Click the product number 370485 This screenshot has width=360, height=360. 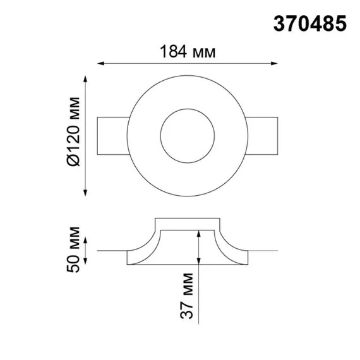pyautogui.click(x=309, y=24)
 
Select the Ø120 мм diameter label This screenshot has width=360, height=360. pyautogui.click(x=73, y=133)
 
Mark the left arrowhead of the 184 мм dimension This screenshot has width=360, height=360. pyautogui.click(x=100, y=63)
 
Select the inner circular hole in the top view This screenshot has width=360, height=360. pyautogui.click(x=187, y=135)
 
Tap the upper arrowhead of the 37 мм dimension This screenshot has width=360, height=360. pyautogui.click(x=199, y=233)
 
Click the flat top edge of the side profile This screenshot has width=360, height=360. pyautogui.click(x=187, y=219)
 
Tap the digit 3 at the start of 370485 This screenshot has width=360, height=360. pyautogui.click(x=276, y=24)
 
